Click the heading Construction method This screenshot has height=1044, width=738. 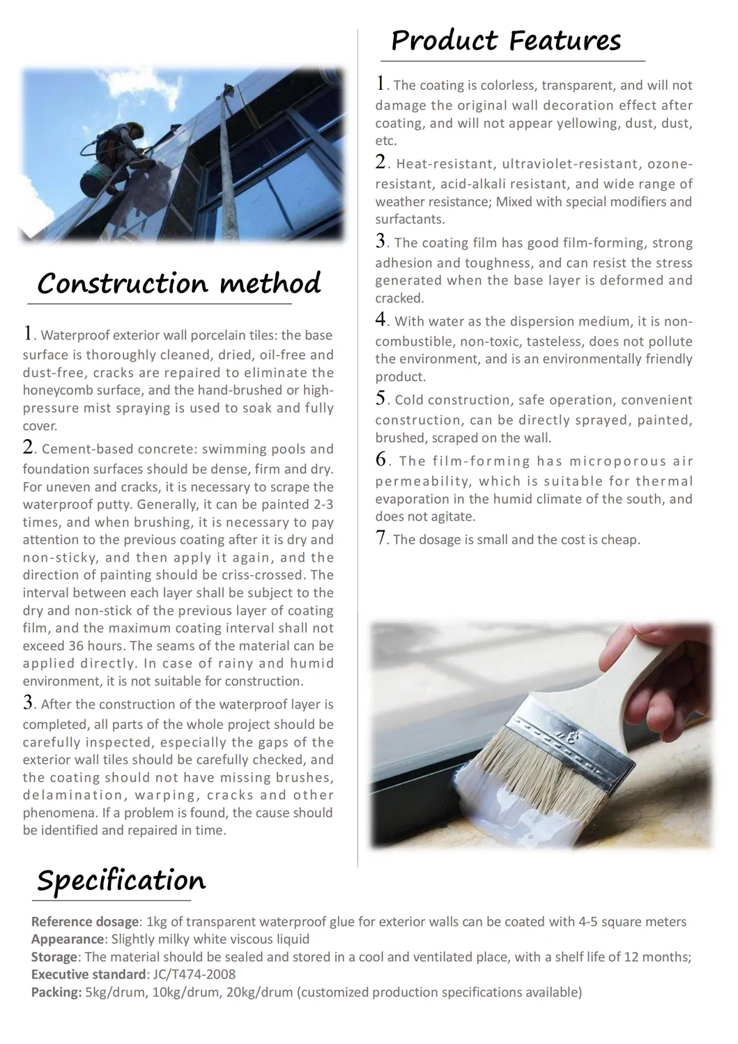click(x=179, y=284)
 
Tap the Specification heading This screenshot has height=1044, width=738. click(x=121, y=881)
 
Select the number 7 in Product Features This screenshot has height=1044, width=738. click(x=380, y=537)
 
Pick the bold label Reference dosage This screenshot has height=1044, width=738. click(x=85, y=921)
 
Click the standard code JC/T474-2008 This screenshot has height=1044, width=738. click(x=194, y=974)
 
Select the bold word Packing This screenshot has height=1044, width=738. click(x=56, y=992)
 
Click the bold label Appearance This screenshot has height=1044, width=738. click(x=67, y=939)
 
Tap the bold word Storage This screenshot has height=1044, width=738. click(x=54, y=957)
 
